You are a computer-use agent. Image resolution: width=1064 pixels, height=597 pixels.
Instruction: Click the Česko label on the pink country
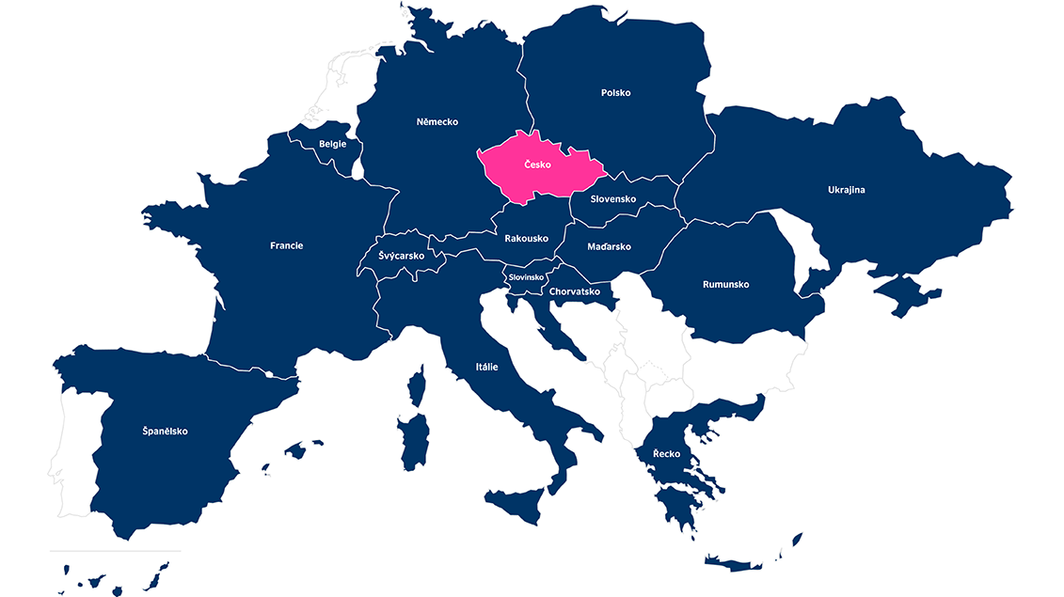coord(537,165)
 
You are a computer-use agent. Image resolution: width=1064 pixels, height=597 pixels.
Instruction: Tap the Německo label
coord(437,121)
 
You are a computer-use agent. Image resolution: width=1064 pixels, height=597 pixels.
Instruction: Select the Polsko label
coord(615,93)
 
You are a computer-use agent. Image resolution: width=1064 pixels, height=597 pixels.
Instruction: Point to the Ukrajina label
coord(846,190)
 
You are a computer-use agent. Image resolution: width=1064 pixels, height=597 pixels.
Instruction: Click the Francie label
coord(286,245)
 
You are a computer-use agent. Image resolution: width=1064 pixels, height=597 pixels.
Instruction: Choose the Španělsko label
coord(165,432)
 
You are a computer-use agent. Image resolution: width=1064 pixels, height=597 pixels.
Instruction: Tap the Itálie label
coord(486,367)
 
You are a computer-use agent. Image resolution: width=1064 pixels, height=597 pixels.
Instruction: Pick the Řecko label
coord(666,454)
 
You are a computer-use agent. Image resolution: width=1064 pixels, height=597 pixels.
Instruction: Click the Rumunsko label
coord(725,284)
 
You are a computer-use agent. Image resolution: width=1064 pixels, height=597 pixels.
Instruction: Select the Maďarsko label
coord(609,246)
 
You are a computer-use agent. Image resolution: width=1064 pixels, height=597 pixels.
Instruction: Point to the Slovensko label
coord(613,199)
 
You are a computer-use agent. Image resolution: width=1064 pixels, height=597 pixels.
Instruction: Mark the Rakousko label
coord(526,238)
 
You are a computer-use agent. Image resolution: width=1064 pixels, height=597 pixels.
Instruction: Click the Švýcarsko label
coord(401,256)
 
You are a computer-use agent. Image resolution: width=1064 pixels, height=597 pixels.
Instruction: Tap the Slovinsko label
coord(526,277)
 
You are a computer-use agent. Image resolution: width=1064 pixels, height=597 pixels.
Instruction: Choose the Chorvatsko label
coord(574,291)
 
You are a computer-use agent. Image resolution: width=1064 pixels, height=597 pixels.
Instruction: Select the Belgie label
coord(332,144)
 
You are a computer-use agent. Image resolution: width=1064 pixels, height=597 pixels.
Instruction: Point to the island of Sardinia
coord(414,442)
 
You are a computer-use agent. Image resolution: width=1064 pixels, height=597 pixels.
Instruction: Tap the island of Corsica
coord(417,385)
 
